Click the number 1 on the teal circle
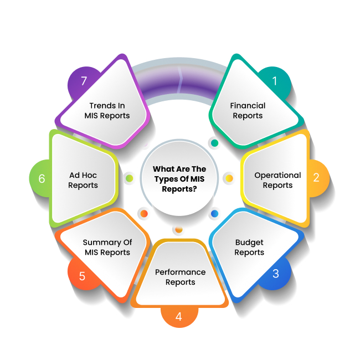pyautogui.click(x=274, y=81)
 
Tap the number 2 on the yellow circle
pyautogui.click(x=316, y=178)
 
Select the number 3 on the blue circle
pyautogui.click(x=276, y=274)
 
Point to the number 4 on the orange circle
pyautogui.click(x=178, y=317)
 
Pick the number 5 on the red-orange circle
pyautogui.click(x=82, y=276)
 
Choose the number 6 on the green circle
pyautogui.click(x=42, y=179)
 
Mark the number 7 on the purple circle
pyautogui.click(x=84, y=81)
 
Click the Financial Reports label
pyautogui.click(x=248, y=110)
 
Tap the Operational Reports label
pyautogui.click(x=277, y=180)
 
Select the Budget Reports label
pyautogui.click(x=249, y=247)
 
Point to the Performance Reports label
pyautogui.click(x=180, y=277)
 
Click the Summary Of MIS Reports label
pyautogui.click(x=107, y=247)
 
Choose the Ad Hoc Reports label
pyautogui.click(x=83, y=180)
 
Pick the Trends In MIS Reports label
pyautogui.click(x=107, y=110)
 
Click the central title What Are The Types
pyautogui.click(x=179, y=179)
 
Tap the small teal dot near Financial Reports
pyautogui.click(x=214, y=143)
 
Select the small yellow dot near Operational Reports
pyautogui.click(x=229, y=178)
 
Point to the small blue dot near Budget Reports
pyautogui.click(x=214, y=213)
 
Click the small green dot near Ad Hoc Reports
pyautogui.click(x=129, y=178)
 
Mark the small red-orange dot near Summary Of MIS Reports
pyautogui.click(x=143, y=213)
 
